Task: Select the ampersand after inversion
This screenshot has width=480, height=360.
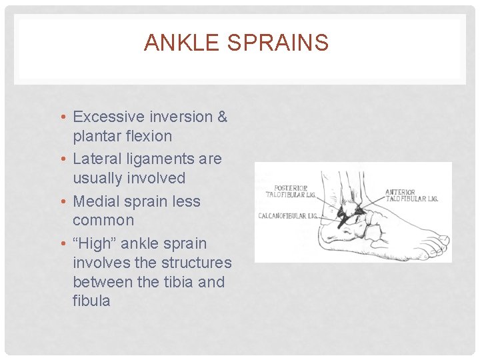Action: [x=222, y=117]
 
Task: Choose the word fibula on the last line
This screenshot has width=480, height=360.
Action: [x=91, y=301]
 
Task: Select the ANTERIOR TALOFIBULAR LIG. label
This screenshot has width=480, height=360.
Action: [x=411, y=195]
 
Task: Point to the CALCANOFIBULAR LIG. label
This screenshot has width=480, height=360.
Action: [x=288, y=215]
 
